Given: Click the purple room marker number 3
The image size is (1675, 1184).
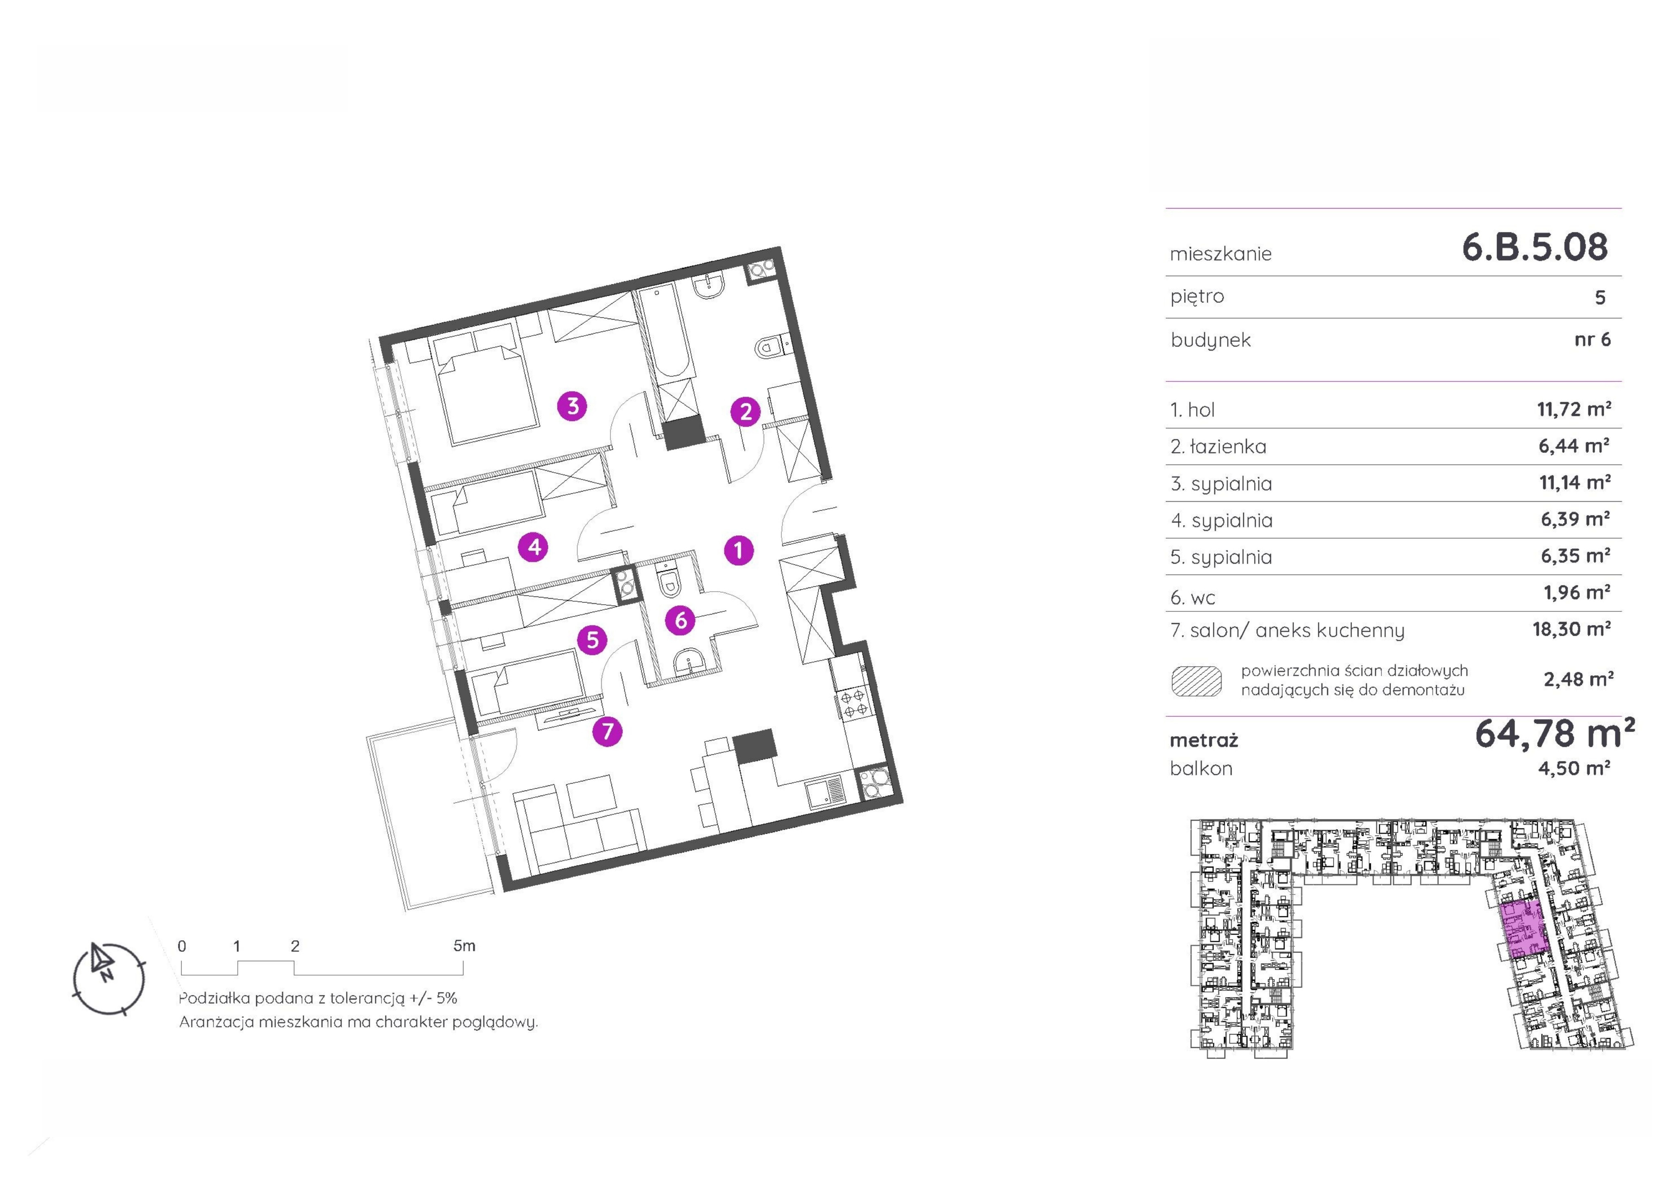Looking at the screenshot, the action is (573, 406).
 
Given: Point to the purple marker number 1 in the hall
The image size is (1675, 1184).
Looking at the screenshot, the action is (738, 550).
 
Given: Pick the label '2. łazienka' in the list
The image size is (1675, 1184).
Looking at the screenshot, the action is (1218, 447).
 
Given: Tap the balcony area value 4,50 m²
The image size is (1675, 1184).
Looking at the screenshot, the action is (1574, 768).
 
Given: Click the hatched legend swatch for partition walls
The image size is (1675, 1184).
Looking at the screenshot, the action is (1196, 681).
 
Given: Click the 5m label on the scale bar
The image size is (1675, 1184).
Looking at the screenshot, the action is (464, 946).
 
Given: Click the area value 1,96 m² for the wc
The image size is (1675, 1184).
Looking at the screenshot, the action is (1577, 592).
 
